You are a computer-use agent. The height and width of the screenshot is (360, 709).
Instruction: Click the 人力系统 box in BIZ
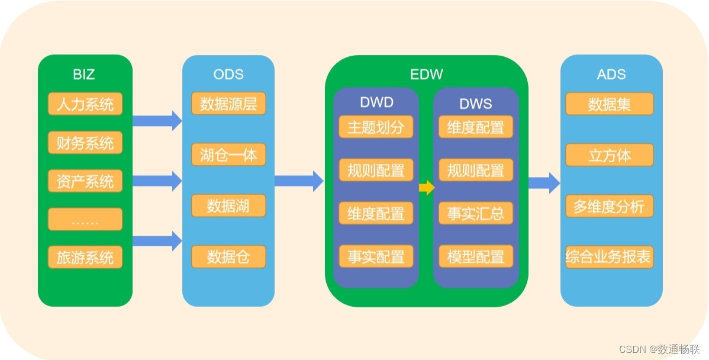(85, 104)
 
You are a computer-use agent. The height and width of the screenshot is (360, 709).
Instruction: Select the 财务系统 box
(85, 143)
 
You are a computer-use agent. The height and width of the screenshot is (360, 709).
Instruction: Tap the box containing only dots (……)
(85, 220)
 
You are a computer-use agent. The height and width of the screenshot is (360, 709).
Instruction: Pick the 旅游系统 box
(85, 258)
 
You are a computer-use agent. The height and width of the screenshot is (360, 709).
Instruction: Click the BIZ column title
(84, 75)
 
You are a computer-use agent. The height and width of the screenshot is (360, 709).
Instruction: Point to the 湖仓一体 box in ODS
(228, 155)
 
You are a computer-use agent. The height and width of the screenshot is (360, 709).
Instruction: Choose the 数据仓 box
(228, 257)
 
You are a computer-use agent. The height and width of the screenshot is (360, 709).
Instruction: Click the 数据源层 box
(228, 104)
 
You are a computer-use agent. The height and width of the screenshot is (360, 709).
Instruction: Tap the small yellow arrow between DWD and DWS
(426, 188)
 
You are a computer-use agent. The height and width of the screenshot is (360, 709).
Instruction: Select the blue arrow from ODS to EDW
(299, 181)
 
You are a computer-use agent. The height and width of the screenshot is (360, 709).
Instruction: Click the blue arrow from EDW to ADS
(544, 182)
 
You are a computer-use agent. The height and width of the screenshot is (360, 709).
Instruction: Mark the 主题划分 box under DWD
(376, 127)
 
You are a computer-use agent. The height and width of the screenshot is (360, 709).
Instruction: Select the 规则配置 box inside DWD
(376, 171)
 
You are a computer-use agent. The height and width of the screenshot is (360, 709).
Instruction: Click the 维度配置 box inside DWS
(476, 127)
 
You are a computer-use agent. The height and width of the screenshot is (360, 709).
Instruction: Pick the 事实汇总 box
(476, 214)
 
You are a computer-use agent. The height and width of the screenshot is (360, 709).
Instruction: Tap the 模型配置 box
(476, 256)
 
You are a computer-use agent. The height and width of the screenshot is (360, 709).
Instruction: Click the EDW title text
(426, 75)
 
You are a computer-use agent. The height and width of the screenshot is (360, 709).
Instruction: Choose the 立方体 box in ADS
(610, 155)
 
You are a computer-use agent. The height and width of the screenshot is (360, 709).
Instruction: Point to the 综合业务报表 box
(610, 258)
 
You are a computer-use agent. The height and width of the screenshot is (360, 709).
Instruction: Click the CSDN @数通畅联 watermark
(659, 349)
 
